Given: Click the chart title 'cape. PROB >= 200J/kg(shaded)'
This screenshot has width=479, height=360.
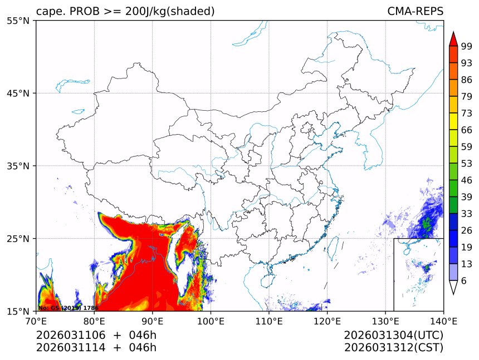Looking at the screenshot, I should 125,11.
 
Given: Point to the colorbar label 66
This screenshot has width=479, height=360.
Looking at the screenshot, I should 467,130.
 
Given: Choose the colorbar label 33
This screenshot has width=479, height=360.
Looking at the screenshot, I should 467,214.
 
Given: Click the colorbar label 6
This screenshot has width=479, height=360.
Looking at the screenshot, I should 464,281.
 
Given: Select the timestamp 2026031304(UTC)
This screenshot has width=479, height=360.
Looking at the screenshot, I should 393,336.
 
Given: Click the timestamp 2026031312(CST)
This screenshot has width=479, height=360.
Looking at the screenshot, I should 393,348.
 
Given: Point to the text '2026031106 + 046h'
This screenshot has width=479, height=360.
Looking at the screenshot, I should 96,336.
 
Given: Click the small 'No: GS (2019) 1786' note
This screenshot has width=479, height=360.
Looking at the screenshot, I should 68,308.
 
